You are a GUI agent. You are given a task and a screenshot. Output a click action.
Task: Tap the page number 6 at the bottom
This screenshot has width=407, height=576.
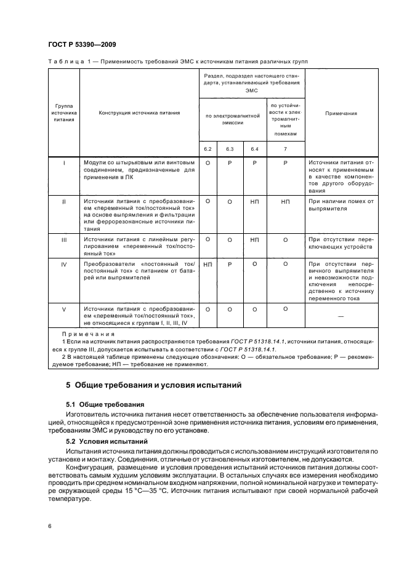click(x=49, y=526)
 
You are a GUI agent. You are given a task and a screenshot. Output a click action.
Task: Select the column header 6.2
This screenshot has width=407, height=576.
click(x=208, y=148)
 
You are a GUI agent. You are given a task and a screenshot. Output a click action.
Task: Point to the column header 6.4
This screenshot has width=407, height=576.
click(x=254, y=148)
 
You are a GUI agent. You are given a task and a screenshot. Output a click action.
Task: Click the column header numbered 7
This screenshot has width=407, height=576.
click(x=285, y=148)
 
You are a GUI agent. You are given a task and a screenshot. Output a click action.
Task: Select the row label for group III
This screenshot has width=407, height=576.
click(x=64, y=239)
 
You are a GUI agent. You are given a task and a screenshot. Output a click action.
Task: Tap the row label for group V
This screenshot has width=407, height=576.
click(x=64, y=310)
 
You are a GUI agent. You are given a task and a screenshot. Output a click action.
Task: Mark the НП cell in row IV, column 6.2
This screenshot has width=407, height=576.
click(x=208, y=263)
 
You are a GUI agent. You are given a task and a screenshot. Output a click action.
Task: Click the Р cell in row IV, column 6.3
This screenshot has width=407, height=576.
click(x=230, y=263)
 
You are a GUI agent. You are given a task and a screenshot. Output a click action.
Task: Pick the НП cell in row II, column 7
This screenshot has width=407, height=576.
click(x=285, y=201)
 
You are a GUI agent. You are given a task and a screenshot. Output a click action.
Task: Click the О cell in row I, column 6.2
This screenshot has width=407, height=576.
click(x=208, y=164)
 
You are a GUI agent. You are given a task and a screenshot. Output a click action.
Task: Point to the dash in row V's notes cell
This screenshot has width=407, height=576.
click(x=341, y=316)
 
